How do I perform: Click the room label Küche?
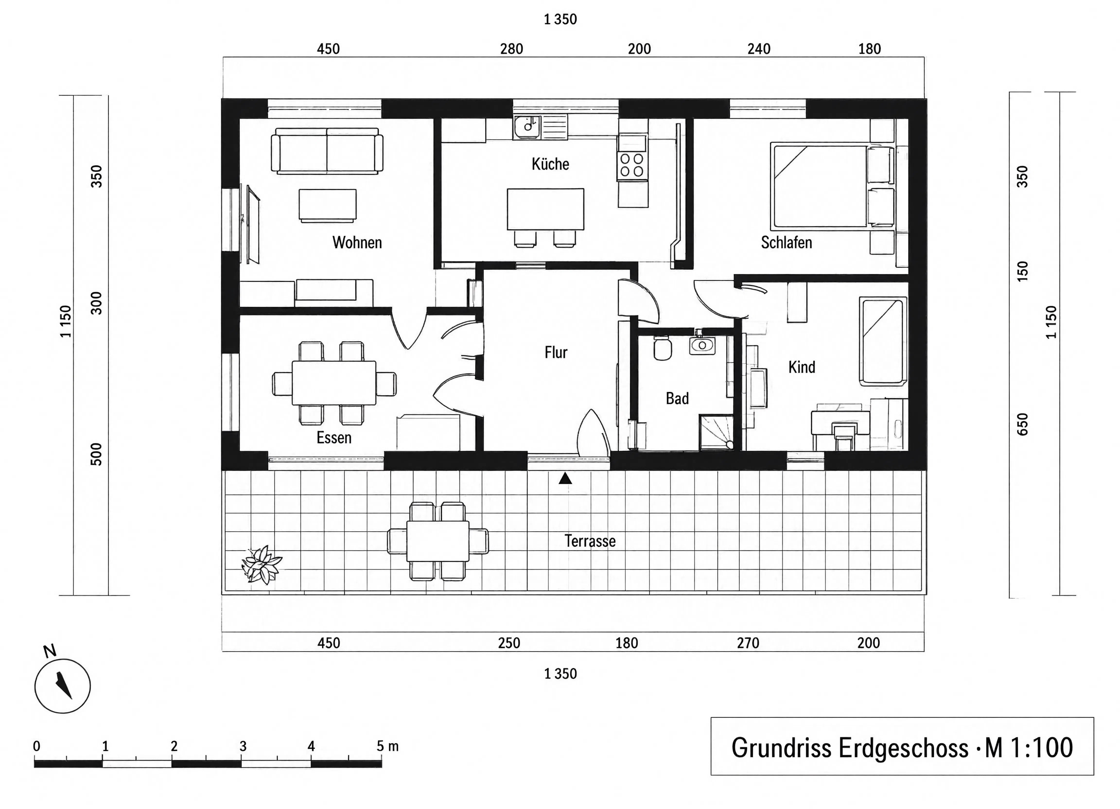point(550,164)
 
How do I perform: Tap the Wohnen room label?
point(357,243)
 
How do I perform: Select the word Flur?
point(556,353)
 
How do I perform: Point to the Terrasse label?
point(590,541)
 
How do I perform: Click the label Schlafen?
point(786,243)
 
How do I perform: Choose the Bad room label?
point(677,399)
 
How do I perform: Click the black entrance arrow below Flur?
point(565,478)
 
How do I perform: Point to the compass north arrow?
point(64,685)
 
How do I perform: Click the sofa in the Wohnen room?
point(327,151)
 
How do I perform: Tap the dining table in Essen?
point(334,383)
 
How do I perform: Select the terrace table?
point(437,541)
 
